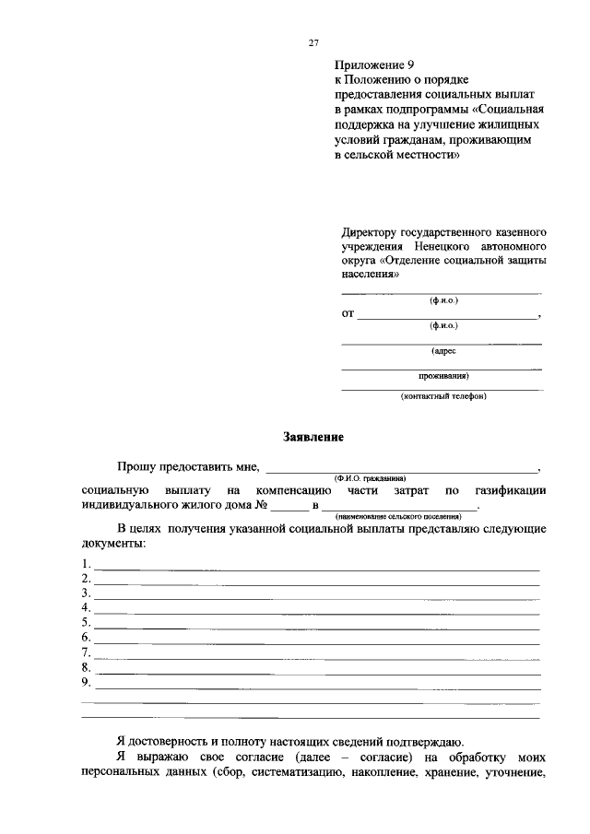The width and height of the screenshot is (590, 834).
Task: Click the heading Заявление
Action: tap(312, 437)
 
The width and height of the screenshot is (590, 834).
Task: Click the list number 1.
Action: tap(86, 564)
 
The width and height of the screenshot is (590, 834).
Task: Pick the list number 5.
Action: tap(86, 623)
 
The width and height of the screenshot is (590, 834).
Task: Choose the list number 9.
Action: tap(86, 682)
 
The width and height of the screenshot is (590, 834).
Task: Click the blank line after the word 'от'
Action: tap(447, 316)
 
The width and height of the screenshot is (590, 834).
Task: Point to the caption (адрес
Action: tap(442, 351)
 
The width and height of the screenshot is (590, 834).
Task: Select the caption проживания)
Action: tap(442, 375)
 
